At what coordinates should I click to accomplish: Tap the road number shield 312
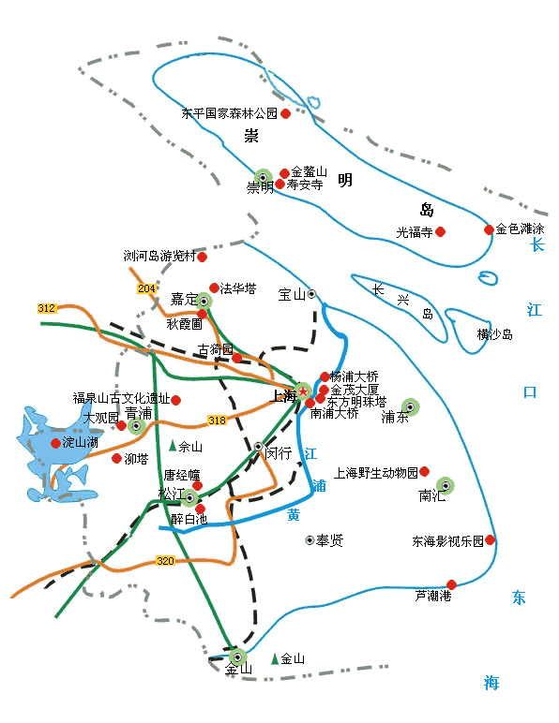pos(47,308)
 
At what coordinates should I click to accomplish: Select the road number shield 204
pos(146,288)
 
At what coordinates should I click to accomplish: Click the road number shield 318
pos(217,419)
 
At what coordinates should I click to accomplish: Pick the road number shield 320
pos(165,560)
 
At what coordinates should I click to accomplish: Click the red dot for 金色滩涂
pos(489,229)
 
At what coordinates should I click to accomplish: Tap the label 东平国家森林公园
pos(230,114)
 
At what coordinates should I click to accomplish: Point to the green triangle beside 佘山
pos(173,446)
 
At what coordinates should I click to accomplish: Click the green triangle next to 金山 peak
pos(275,658)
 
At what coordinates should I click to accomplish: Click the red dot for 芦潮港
pos(451,584)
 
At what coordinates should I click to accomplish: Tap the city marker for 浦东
pos(410,406)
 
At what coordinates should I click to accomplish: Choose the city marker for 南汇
pos(445,485)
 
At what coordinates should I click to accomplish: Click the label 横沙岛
pos(494,334)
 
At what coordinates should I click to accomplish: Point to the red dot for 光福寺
pos(440,231)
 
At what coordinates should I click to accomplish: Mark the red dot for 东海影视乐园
pos(490,539)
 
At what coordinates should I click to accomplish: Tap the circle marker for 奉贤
pos(310,540)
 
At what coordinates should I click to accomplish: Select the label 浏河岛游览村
pos(159,256)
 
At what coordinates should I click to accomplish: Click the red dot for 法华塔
pos(214,288)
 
